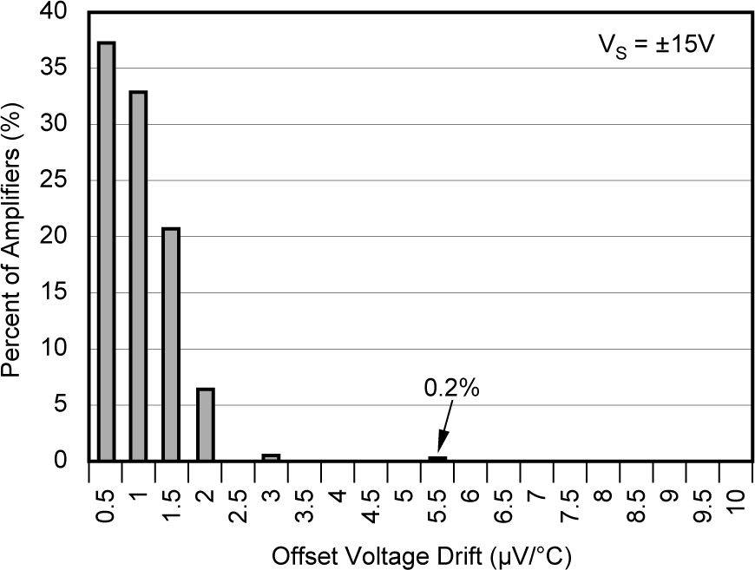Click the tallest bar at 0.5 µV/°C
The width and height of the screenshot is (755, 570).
(106, 252)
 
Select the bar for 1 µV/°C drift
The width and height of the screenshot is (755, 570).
(138, 276)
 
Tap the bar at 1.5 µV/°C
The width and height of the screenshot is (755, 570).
(171, 344)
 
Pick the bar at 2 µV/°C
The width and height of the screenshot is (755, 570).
(205, 424)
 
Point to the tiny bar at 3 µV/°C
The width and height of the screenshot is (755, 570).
(271, 457)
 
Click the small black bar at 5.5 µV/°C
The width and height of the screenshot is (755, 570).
(437, 458)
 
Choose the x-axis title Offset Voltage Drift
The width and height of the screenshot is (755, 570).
(422, 553)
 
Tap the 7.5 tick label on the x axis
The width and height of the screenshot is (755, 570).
(572, 505)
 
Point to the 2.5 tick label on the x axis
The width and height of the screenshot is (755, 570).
(239, 505)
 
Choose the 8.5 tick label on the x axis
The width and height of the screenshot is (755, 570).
(638, 505)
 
